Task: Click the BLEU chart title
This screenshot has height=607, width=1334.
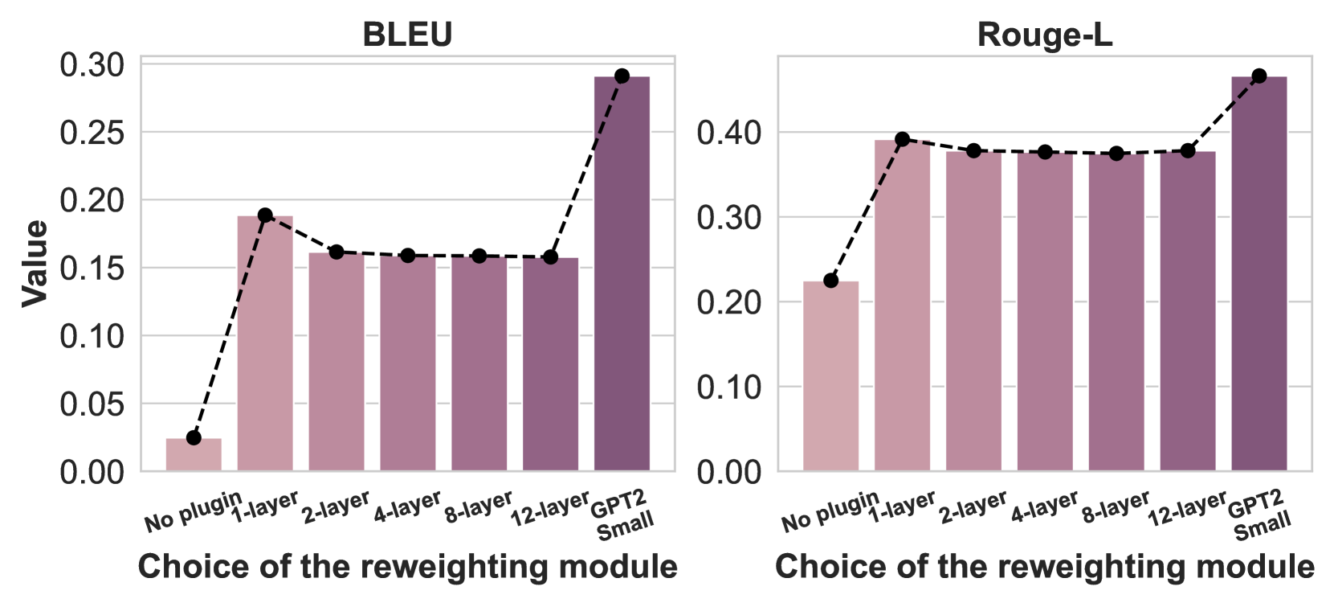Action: [407, 35]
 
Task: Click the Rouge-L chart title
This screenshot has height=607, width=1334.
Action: [1044, 35]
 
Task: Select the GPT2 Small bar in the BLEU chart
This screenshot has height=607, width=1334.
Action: [622, 273]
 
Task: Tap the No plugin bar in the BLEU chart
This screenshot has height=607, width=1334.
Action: [194, 454]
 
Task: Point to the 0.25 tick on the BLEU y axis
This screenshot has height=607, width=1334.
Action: [92, 133]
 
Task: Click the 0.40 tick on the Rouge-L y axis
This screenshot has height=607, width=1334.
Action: [728, 133]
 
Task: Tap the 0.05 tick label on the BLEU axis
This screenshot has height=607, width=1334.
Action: [92, 404]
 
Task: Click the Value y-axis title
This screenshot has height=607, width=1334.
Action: [35, 263]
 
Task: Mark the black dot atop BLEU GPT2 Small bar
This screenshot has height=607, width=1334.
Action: [622, 76]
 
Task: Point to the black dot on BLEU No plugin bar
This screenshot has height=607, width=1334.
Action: [194, 437]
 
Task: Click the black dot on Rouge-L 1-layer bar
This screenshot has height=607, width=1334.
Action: [902, 139]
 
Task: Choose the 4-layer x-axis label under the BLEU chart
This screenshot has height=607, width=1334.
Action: [407, 507]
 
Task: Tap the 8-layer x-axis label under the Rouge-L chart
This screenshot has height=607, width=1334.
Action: [1116, 507]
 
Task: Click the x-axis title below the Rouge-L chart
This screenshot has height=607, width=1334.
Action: [1044, 567]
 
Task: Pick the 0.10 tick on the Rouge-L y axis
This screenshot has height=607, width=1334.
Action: [728, 387]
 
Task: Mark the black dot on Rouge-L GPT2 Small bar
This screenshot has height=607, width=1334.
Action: [1259, 76]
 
